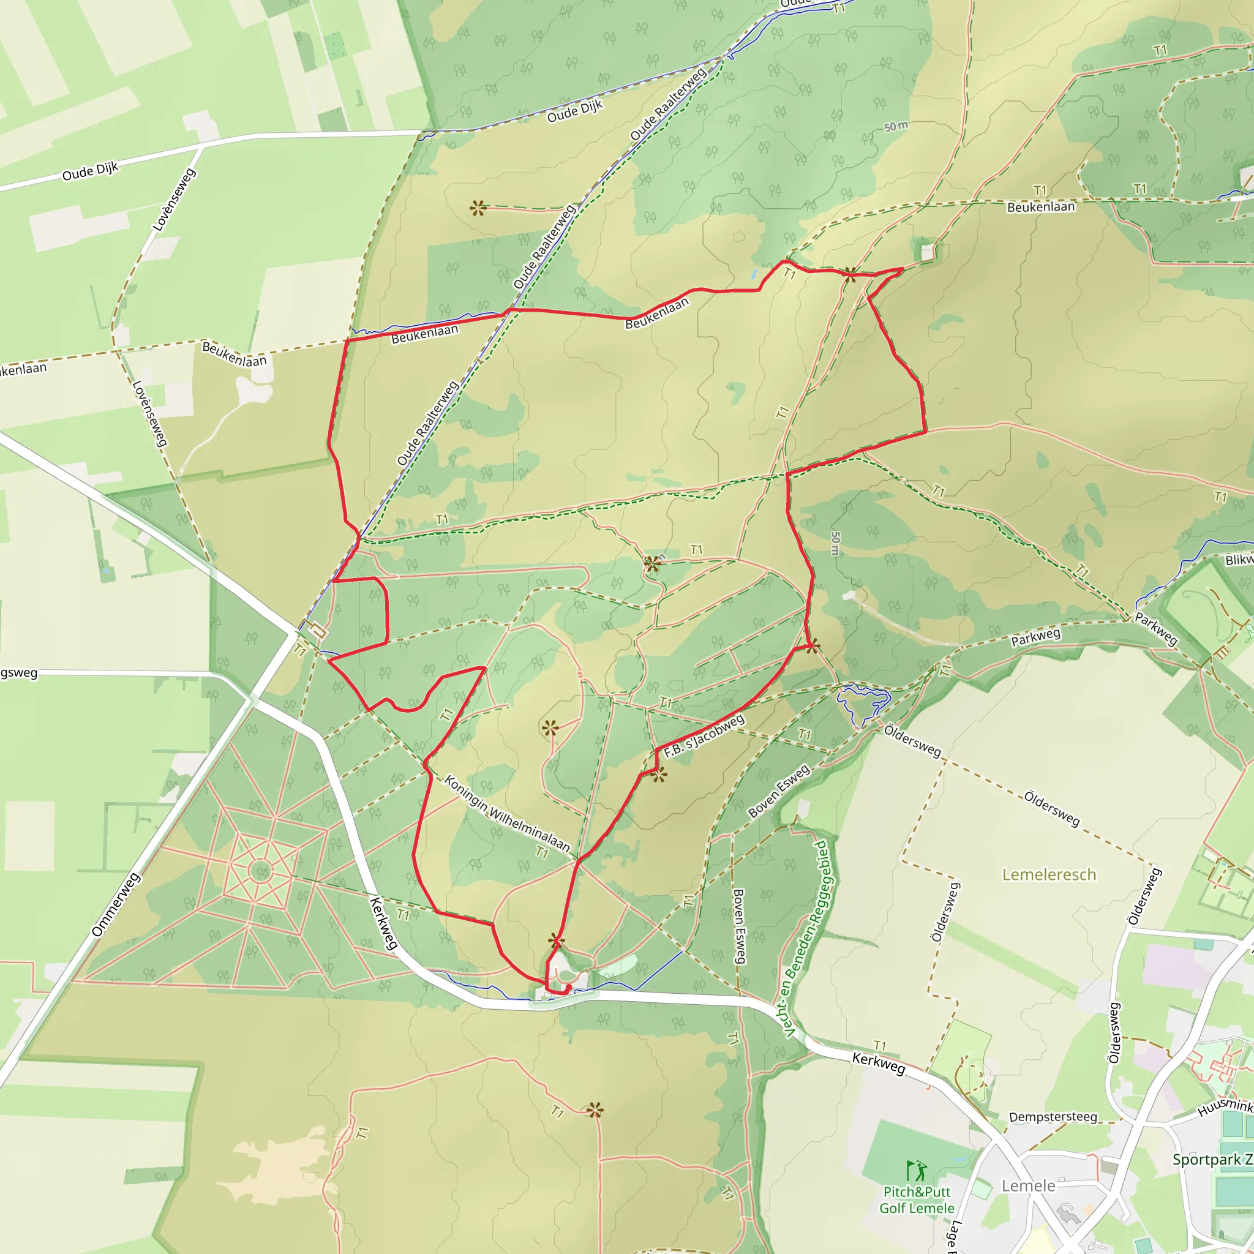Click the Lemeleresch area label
click(x=1049, y=875)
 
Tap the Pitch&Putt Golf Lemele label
click(x=917, y=1200)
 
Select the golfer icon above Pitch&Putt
click(x=917, y=1171)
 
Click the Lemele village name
click(x=1028, y=1186)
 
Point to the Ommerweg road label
click(x=116, y=905)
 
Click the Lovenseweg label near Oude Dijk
click(x=173, y=200)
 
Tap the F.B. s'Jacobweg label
click(x=704, y=736)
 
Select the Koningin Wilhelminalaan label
click(x=507, y=814)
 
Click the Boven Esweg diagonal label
click(x=779, y=790)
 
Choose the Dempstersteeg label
click(x=1053, y=1116)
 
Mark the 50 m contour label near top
click(x=896, y=127)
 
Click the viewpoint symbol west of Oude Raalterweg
click(x=478, y=208)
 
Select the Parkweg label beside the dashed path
click(x=1035, y=637)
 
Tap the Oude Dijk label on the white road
click(x=90, y=171)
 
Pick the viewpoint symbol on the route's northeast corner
click(x=850, y=274)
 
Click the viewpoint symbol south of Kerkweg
click(x=595, y=1110)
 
